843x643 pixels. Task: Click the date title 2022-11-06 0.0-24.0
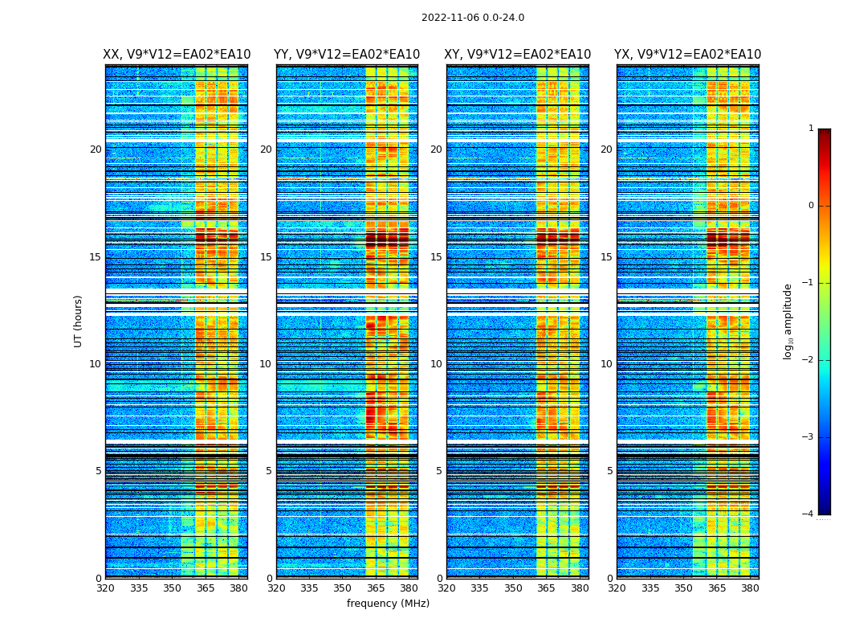[x=473, y=18]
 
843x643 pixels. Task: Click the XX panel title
[x=177, y=55]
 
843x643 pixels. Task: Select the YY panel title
[x=347, y=55]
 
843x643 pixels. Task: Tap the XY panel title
[x=518, y=55]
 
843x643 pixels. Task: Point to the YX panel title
[x=687, y=55]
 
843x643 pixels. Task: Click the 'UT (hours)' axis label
[x=79, y=321]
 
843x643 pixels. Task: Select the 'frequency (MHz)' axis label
[x=388, y=604]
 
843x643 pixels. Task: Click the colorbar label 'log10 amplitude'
[x=788, y=321]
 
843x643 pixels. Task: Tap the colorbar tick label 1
[x=811, y=129]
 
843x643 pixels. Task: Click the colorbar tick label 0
[x=811, y=206]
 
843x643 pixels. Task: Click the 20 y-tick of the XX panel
[x=96, y=149]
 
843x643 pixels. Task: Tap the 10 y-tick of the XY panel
[x=436, y=364]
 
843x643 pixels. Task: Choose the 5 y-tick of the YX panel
[x=609, y=471]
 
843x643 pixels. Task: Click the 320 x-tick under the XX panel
[x=105, y=588]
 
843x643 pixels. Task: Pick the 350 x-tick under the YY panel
[x=343, y=588]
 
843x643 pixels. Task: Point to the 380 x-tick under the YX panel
[x=750, y=588]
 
